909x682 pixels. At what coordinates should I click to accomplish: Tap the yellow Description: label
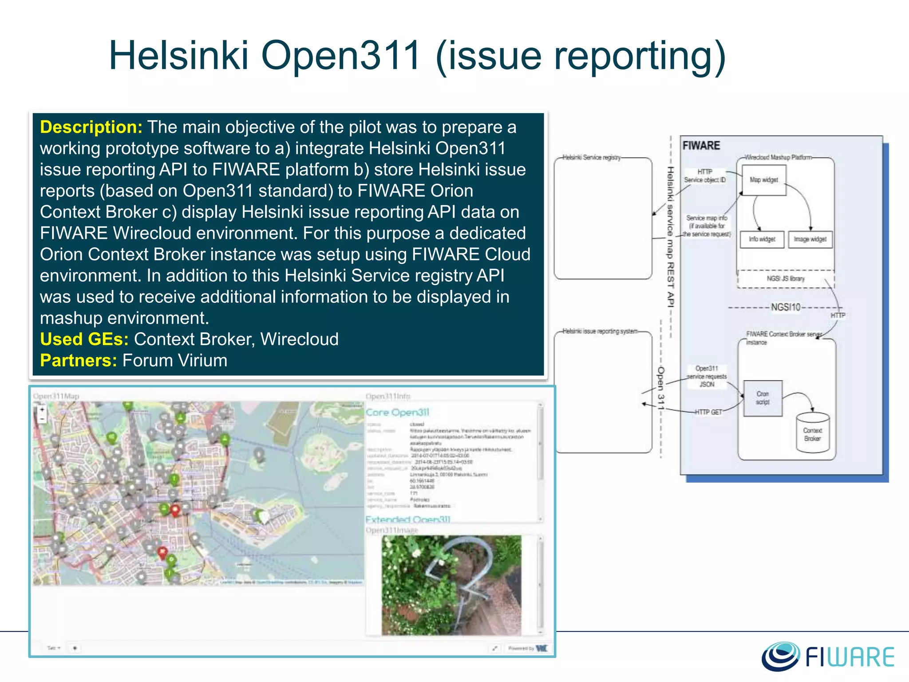(91, 127)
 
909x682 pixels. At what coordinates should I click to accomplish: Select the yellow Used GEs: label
(84, 340)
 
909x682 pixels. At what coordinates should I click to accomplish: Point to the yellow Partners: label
(79, 361)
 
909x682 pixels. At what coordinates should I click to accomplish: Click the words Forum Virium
(175, 361)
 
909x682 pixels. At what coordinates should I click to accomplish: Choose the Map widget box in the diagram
(764, 180)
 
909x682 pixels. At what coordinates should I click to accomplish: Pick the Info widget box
(762, 239)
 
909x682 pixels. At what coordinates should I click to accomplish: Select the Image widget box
(810, 239)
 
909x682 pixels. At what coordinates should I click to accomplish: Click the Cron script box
(763, 398)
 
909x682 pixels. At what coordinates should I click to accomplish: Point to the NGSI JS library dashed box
(786, 279)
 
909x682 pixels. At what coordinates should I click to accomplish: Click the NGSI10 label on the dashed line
(785, 307)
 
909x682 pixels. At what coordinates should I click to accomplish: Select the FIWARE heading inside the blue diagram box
(701, 146)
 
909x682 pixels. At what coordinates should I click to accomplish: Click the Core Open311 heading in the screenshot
(397, 412)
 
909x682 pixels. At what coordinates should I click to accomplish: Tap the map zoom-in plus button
(42, 410)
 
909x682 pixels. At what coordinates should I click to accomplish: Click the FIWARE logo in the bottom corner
(828, 656)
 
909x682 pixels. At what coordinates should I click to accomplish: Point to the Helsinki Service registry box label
(591, 158)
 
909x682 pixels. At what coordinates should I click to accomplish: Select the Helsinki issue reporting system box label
(600, 331)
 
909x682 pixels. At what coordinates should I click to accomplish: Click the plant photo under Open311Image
(451, 585)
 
